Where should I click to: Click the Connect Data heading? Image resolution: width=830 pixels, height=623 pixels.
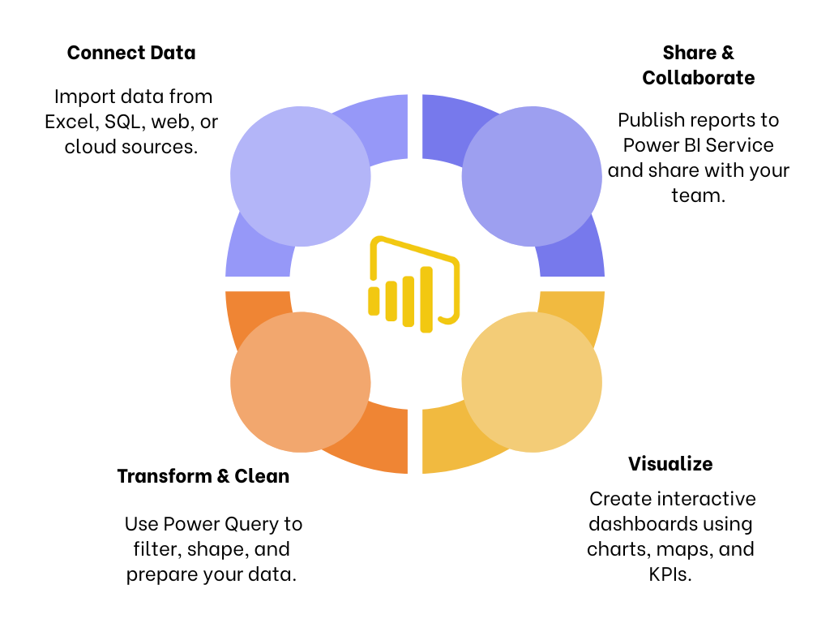point(131,54)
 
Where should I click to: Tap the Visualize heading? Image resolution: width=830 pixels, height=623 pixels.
point(670,464)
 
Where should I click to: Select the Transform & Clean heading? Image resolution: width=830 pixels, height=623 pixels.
point(203,476)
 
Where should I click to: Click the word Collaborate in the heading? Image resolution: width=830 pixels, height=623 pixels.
point(698,78)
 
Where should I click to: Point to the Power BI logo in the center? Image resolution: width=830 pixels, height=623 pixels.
point(414,284)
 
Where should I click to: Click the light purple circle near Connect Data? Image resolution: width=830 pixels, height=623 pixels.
point(301,176)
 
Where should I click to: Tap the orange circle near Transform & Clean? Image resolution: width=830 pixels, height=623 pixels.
point(301,384)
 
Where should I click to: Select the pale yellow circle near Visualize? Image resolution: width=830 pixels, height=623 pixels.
point(532,382)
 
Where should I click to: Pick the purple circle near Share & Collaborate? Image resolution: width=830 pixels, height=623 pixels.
point(532,176)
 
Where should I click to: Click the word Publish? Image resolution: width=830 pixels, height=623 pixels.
point(648,120)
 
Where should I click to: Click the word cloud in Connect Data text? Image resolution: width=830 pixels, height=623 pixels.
point(87,147)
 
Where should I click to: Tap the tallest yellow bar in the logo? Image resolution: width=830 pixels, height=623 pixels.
point(426,299)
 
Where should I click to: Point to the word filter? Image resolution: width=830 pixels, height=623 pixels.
point(156,549)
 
